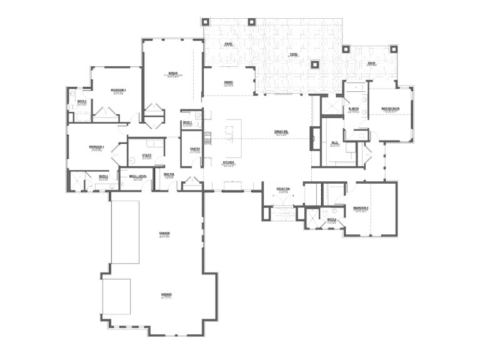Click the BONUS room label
173,74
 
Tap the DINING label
229,82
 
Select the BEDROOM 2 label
118,90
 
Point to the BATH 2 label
82,101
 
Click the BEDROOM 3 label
97,146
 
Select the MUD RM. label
169,174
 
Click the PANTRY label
194,149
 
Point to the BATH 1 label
187,122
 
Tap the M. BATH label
354,109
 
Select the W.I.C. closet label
335,142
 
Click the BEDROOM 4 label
361,207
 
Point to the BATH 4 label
332,219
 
